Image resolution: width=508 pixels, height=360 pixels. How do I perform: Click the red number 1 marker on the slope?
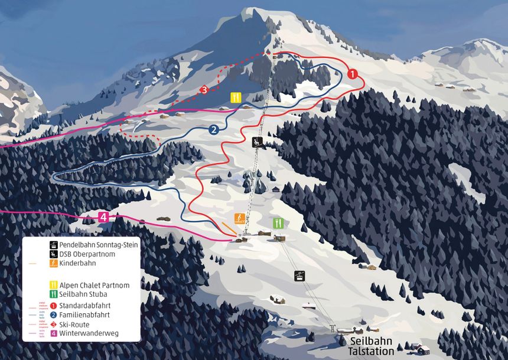click(x=353, y=74)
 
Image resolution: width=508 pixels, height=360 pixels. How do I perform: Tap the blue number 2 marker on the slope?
click(x=214, y=129)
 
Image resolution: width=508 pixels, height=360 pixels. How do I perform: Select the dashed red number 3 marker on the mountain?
click(x=204, y=90)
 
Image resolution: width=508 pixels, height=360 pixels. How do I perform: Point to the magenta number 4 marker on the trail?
click(x=104, y=217)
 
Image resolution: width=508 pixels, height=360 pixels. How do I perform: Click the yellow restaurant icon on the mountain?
click(x=236, y=98)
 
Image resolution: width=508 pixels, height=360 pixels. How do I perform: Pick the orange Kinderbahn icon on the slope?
click(x=239, y=219)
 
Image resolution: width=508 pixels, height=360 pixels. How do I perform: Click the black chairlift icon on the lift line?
click(x=258, y=142)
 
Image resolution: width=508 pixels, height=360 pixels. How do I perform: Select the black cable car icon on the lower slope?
click(x=301, y=275)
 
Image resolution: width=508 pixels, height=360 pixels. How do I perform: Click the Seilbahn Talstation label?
click(x=371, y=346)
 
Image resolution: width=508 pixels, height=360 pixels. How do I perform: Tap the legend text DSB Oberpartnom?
click(x=87, y=254)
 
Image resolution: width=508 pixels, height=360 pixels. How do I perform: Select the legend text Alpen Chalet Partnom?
click(x=95, y=285)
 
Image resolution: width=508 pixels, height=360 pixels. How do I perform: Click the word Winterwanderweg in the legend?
click(x=89, y=333)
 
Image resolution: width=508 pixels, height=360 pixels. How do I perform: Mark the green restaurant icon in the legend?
click(x=54, y=294)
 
